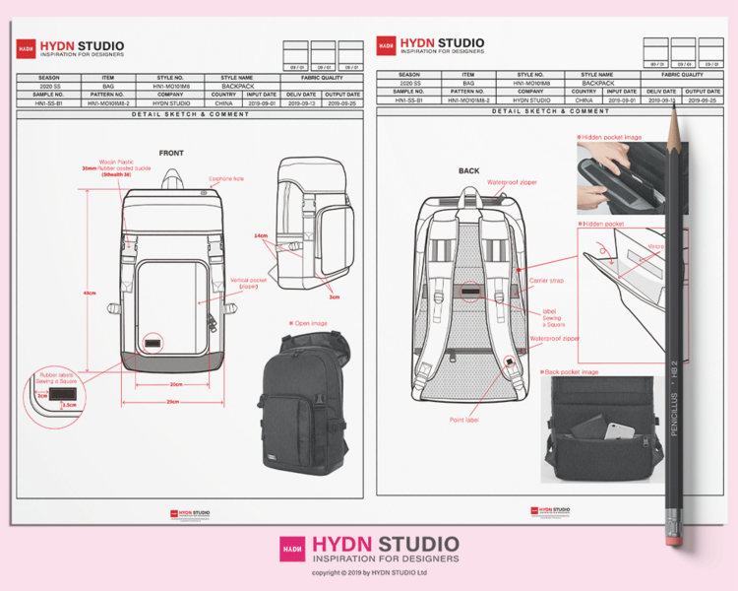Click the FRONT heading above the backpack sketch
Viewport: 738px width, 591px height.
[171, 153]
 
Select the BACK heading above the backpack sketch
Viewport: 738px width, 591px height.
[469, 170]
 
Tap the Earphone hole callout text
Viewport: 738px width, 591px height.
[225, 178]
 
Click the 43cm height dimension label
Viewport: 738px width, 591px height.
[90, 294]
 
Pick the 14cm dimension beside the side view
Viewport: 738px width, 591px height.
[261, 236]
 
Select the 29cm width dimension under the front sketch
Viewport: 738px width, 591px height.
[173, 402]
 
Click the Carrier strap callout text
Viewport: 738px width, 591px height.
[546, 281]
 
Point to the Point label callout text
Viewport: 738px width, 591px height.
[464, 420]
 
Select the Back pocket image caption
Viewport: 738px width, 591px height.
[574, 371]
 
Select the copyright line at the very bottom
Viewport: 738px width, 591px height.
[369, 572]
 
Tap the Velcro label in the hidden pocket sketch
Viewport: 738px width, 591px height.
[653, 247]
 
